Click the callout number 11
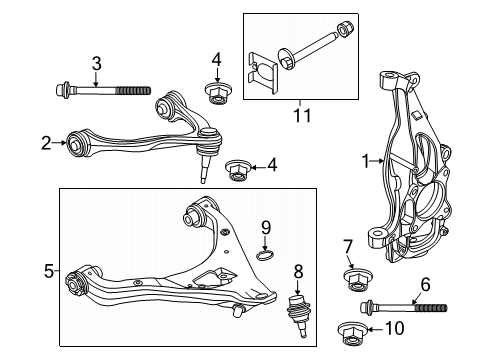302,115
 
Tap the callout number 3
96,64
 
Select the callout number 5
49,271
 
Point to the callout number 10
395,328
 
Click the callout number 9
266,228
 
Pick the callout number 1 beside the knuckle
366,161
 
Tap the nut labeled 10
352,333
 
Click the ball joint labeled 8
298,313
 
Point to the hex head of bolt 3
62,89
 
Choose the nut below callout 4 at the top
218,93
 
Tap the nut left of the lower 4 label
238,171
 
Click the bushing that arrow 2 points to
77,144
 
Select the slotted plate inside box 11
263,73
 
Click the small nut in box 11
344,28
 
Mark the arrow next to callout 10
375,330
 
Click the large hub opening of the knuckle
428,200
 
